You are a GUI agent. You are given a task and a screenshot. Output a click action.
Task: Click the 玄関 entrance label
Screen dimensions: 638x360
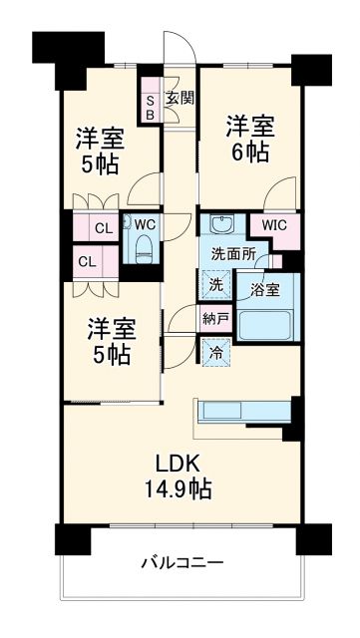[180, 98]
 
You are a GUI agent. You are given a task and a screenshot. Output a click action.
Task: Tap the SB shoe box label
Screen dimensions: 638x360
[151, 107]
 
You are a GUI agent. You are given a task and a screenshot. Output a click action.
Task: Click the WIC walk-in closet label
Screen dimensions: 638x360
[275, 225]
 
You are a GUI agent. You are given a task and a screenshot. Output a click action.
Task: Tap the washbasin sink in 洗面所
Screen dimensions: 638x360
[220, 224]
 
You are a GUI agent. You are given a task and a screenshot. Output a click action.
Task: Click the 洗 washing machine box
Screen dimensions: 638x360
[216, 284]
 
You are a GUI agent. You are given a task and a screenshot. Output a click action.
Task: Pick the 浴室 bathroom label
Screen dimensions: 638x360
[264, 290]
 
